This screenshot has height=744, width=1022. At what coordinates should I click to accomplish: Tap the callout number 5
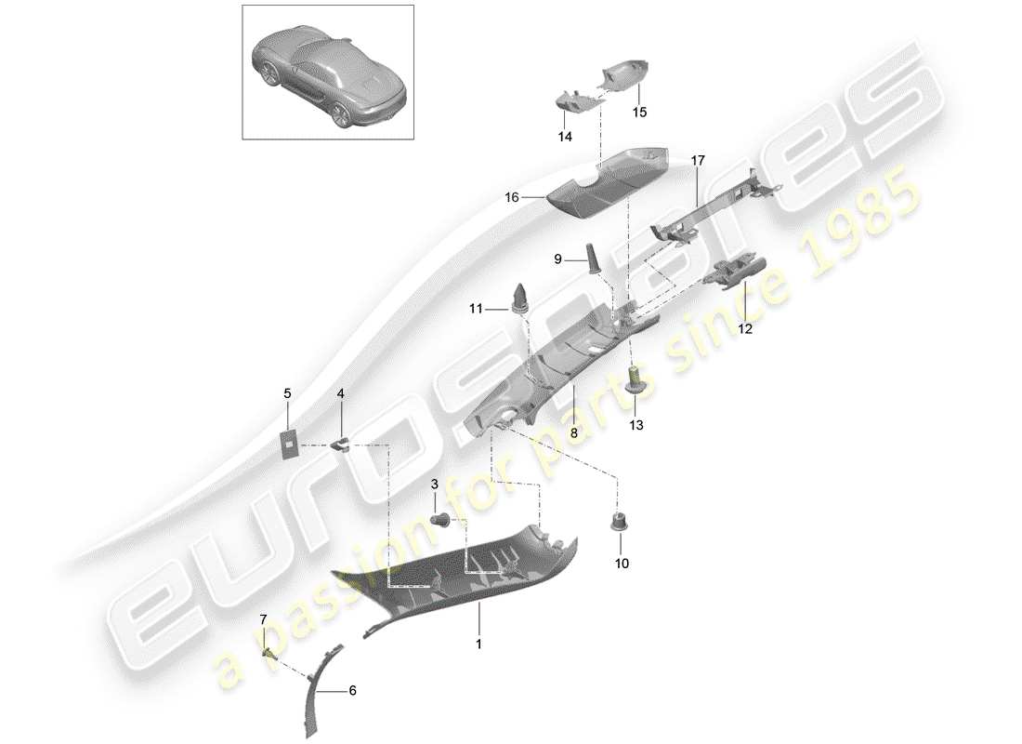point(287,394)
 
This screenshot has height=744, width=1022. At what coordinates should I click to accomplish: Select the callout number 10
point(622,564)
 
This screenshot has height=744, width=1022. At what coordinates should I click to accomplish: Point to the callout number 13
point(635,424)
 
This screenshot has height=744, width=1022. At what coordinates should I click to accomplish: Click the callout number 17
point(698,161)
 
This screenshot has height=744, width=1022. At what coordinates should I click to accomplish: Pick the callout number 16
point(511,197)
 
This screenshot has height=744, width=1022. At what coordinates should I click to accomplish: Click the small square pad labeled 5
point(291,445)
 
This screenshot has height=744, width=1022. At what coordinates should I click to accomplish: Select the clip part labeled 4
point(342,440)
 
